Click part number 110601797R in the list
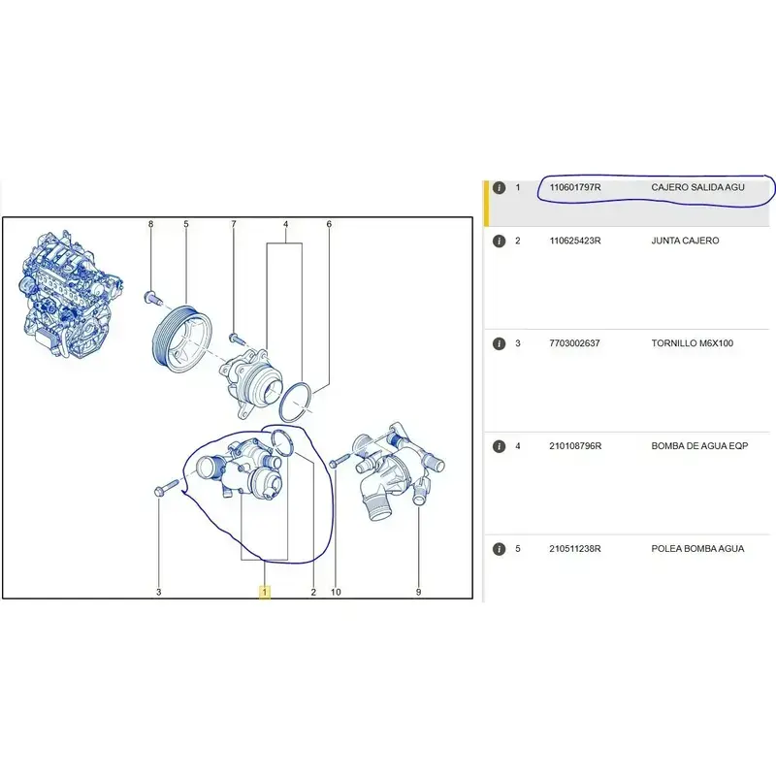coord(575,187)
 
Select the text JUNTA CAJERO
coord(685,241)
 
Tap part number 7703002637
coord(574,343)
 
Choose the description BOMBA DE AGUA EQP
coord(699,446)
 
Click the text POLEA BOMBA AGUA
coord(697,549)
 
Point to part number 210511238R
coord(575,549)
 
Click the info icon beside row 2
coord(499,241)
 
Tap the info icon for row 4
coord(499,446)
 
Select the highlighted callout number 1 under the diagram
coord(265,592)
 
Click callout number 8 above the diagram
coord(151,224)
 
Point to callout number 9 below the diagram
coord(419,592)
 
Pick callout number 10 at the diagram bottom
coord(336,592)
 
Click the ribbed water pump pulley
coord(181,338)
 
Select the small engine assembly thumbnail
coord(71,294)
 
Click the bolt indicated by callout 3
coord(166,488)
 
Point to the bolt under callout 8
coord(152,298)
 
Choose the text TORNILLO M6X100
coord(692,343)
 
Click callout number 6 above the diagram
coord(329,224)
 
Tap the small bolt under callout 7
coord(236,339)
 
